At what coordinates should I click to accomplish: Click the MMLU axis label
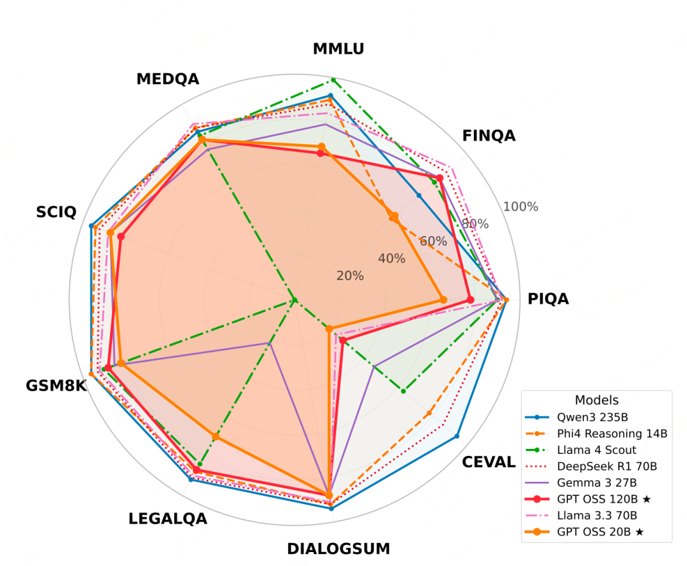pyautogui.click(x=338, y=49)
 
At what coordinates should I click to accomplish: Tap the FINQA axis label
pyautogui.click(x=489, y=136)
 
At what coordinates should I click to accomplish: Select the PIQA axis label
pyautogui.click(x=548, y=299)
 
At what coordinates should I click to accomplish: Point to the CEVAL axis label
pyautogui.click(x=489, y=462)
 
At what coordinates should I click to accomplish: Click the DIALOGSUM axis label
pyautogui.click(x=338, y=549)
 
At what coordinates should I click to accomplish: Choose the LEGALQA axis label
pyautogui.click(x=168, y=519)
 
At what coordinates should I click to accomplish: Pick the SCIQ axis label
pyautogui.click(x=56, y=212)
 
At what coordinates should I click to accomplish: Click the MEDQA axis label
pyautogui.click(x=168, y=79)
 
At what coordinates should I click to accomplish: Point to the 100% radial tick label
pyautogui.click(x=521, y=207)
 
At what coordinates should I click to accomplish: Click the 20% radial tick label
pyautogui.click(x=350, y=276)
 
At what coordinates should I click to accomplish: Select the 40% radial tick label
pyautogui.click(x=392, y=258)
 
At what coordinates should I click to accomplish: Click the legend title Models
pyautogui.click(x=597, y=400)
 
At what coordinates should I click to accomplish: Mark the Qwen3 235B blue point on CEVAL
pyautogui.click(x=457, y=437)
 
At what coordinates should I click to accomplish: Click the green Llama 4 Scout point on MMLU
pyautogui.click(x=333, y=80)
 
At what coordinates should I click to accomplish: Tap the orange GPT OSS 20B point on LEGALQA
pyautogui.click(x=216, y=437)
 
